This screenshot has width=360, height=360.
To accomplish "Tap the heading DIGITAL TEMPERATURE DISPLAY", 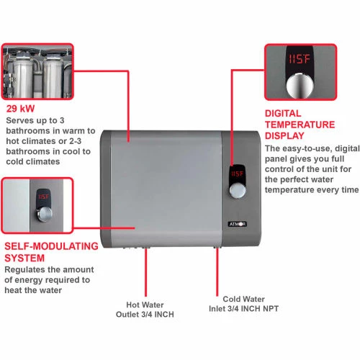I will tap(300, 124).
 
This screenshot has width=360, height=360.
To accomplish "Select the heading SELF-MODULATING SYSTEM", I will tap(50, 251).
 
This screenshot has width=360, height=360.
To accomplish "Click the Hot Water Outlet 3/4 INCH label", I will tap(145, 308).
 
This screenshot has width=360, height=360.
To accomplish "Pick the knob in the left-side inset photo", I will tap(44, 215).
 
